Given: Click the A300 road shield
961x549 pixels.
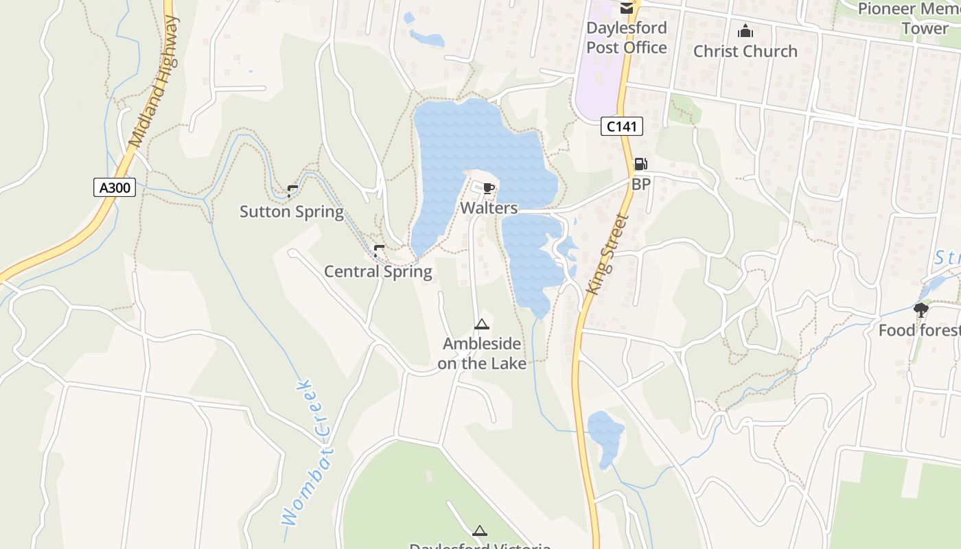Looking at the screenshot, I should (x=115, y=187).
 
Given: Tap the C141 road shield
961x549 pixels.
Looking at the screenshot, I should (x=622, y=126).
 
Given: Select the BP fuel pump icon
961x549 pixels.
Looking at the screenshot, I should (x=640, y=164).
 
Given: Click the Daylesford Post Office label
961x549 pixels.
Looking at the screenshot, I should (x=626, y=38).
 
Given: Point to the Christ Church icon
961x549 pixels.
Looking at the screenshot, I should (x=745, y=31).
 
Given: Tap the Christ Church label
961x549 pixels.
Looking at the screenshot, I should (x=745, y=51).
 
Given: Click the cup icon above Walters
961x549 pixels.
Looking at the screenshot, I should (x=488, y=189).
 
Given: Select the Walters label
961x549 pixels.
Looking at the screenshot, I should (x=488, y=207).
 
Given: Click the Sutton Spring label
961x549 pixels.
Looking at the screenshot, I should (x=291, y=211).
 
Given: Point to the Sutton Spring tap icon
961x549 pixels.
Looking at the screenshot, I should (x=292, y=191).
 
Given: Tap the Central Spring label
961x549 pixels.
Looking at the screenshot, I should (x=378, y=272).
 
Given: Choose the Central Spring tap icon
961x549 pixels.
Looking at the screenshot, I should (x=378, y=251).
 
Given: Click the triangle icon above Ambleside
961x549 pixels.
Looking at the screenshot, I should (x=482, y=324).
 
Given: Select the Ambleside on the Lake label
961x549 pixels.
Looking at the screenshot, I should (x=482, y=353).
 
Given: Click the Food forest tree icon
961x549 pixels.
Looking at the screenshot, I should (x=921, y=310).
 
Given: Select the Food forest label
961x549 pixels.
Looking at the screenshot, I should (x=920, y=331).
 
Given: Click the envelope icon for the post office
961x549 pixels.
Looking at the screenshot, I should (x=626, y=8).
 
